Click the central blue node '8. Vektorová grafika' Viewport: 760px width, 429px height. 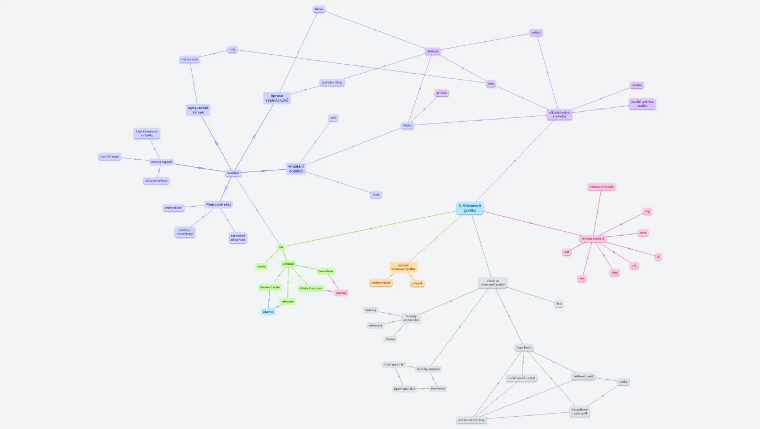click(469, 208)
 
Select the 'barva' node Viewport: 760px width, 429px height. click(319, 9)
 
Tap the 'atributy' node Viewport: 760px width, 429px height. click(433, 51)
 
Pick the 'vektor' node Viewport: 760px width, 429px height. click(536, 33)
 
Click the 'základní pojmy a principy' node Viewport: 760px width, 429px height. click(559, 115)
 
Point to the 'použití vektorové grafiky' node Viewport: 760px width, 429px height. click(642, 104)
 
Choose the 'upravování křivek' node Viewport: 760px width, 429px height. click(198, 109)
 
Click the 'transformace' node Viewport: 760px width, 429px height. click(110, 157)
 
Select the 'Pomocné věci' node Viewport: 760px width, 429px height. click(218, 204)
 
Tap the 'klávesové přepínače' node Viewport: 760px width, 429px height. click(237, 238)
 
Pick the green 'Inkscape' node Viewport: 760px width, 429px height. click(287, 302)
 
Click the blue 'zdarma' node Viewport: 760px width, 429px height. click(268, 312)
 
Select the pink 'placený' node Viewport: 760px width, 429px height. click(341, 293)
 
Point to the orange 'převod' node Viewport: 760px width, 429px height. click(417, 284)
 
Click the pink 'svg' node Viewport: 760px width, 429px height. click(647, 212)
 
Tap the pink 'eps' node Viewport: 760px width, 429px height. click(582, 278)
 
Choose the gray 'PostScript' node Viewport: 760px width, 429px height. click(438, 388)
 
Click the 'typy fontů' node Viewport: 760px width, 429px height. click(524, 347)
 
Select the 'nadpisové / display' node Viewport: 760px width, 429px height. click(471, 420)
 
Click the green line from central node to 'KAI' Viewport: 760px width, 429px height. click(372, 228)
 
